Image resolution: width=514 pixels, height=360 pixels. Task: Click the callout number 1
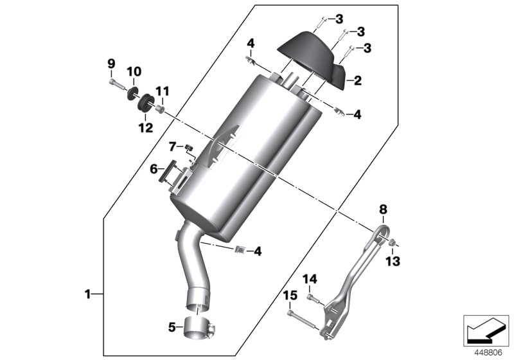coord(87,294)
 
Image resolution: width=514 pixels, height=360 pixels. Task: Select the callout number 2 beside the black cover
coord(357,80)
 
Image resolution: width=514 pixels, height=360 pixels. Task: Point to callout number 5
coord(172,327)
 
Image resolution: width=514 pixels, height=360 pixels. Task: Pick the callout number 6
coord(154,169)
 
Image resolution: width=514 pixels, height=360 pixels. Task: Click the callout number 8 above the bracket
coord(382,209)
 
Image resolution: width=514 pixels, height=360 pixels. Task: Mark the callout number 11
coord(162,91)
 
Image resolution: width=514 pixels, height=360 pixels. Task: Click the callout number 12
coord(145,127)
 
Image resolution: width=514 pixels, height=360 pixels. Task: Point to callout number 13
coord(393,261)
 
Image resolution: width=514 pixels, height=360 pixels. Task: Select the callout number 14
coord(310,279)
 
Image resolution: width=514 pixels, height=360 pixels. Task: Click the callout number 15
coord(290,295)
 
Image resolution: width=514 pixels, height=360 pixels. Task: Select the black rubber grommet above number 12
coord(144,105)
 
